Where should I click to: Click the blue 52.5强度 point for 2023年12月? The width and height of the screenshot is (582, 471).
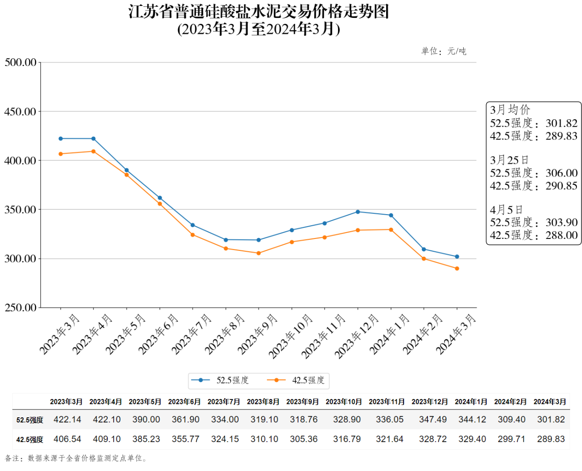point(358,212)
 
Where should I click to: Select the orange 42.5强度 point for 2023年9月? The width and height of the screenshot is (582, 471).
point(259,253)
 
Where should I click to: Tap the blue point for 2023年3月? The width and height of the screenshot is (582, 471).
point(61,139)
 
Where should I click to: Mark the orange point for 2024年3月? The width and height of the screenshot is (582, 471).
point(457,268)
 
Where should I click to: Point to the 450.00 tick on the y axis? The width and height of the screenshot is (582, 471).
point(21,111)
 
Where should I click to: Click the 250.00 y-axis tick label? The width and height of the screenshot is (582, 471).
point(21,307)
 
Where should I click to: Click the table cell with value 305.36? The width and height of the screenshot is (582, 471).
point(304,439)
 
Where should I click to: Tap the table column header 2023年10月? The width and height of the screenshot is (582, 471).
point(344,402)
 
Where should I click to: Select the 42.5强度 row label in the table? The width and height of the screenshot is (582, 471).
point(30,439)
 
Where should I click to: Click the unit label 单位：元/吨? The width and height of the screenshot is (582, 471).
point(443,51)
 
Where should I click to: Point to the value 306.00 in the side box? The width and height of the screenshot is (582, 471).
point(561,173)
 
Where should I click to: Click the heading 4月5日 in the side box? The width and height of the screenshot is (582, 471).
point(506,210)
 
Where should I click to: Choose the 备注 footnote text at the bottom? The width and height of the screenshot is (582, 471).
point(76,458)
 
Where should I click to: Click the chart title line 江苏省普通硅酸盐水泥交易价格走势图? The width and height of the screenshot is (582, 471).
point(259,12)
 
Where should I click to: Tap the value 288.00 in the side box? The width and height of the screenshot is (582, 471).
point(561,235)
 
